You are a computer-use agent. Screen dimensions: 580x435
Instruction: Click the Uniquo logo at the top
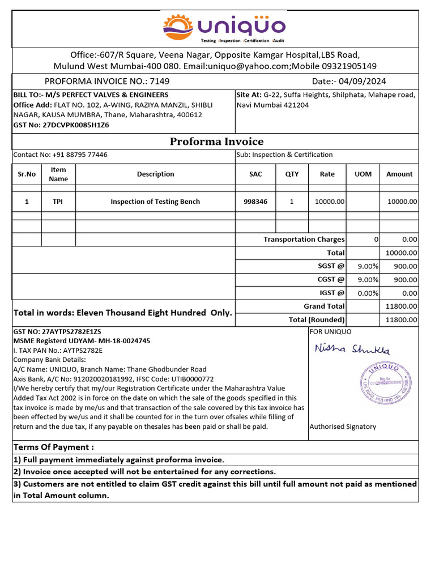click(x=224, y=28)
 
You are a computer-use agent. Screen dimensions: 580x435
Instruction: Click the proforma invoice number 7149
click(x=160, y=82)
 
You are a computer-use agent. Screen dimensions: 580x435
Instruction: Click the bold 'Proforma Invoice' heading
click(x=216, y=142)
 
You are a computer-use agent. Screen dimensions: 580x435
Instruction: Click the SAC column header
click(x=255, y=174)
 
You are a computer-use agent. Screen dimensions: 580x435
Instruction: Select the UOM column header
click(x=362, y=174)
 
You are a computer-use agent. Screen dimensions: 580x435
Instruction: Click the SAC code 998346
click(x=255, y=202)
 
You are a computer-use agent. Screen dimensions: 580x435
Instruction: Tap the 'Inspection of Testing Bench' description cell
click(x=155, y=202)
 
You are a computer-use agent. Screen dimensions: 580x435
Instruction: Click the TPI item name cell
click(x=58, y=202)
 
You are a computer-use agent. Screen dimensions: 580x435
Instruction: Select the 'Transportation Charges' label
click(x=304, y=240)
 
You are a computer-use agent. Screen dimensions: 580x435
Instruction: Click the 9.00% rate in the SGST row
click(x=368, y=266)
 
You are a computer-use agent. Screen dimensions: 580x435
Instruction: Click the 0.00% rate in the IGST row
click(x=368, y=293)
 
